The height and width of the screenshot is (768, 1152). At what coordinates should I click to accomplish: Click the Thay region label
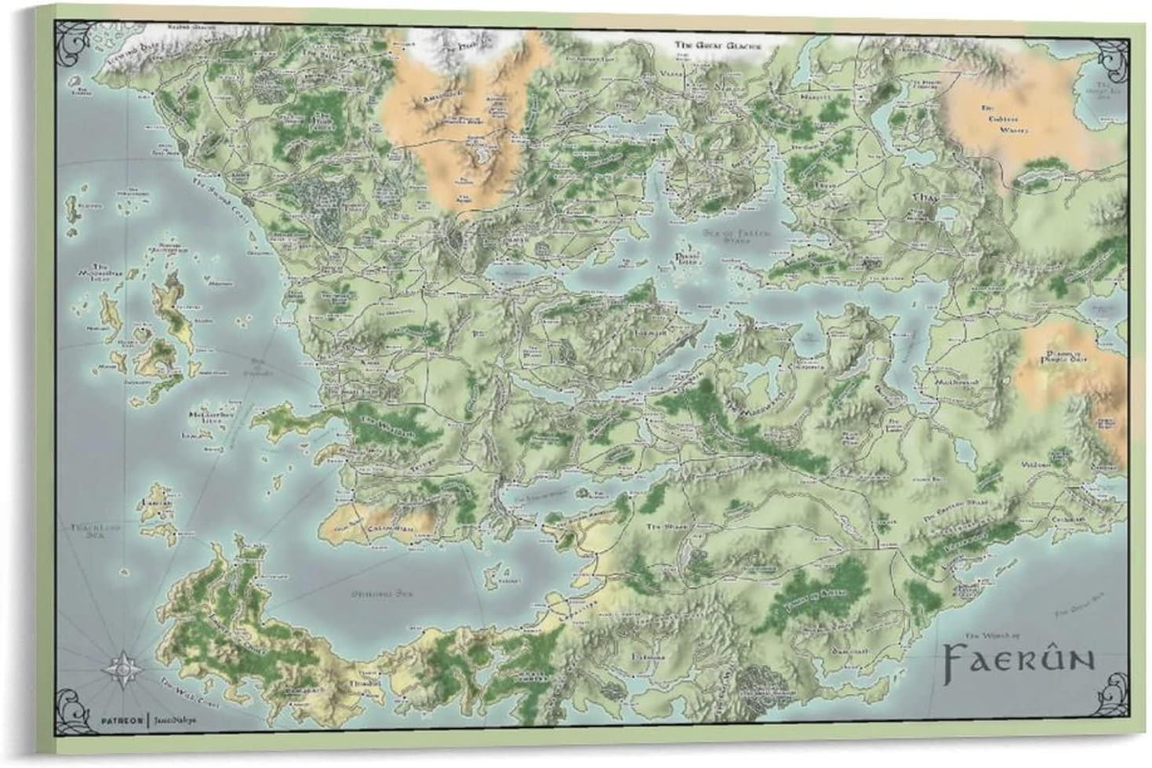(x=922, y=200)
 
